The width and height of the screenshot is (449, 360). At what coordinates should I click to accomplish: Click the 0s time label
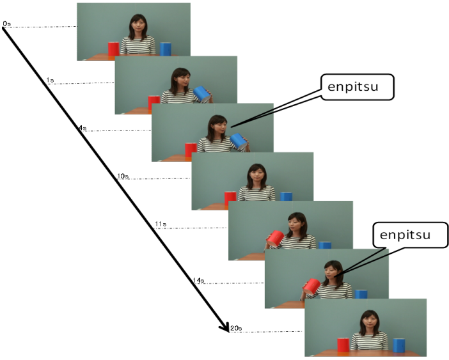pyautogui.click(x=6, y=24)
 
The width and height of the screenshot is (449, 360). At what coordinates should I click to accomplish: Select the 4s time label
pyautogui.click(x=82, y=128)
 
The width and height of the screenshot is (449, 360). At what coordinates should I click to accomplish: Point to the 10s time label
pyautogui.click(x=123, y=175)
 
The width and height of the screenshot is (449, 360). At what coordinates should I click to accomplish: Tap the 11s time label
pyautogui.click(x=161, y=224)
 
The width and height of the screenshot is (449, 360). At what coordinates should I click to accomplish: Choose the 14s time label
pyautogui.click(x=198, y=280)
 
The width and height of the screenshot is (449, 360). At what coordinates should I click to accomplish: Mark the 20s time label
pyautogui.click(x=235, y=328)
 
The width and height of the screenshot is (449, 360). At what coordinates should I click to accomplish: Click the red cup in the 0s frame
pyautogui.click(x=113, y=49)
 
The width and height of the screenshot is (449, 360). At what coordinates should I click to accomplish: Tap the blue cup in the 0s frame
pyautogui.click(x=166, y=49)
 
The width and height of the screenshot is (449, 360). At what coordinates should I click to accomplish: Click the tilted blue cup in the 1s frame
pyautogui.click(x=201, y=94)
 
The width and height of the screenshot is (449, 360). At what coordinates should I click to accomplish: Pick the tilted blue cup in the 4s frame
pyautogui.click(x=239, y=141)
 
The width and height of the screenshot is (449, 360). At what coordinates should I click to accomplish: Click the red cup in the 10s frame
pyautogui.click(x=230, y=199)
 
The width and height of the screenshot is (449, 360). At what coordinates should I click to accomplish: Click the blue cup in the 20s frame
pyautogui.click(x=400, y=345)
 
